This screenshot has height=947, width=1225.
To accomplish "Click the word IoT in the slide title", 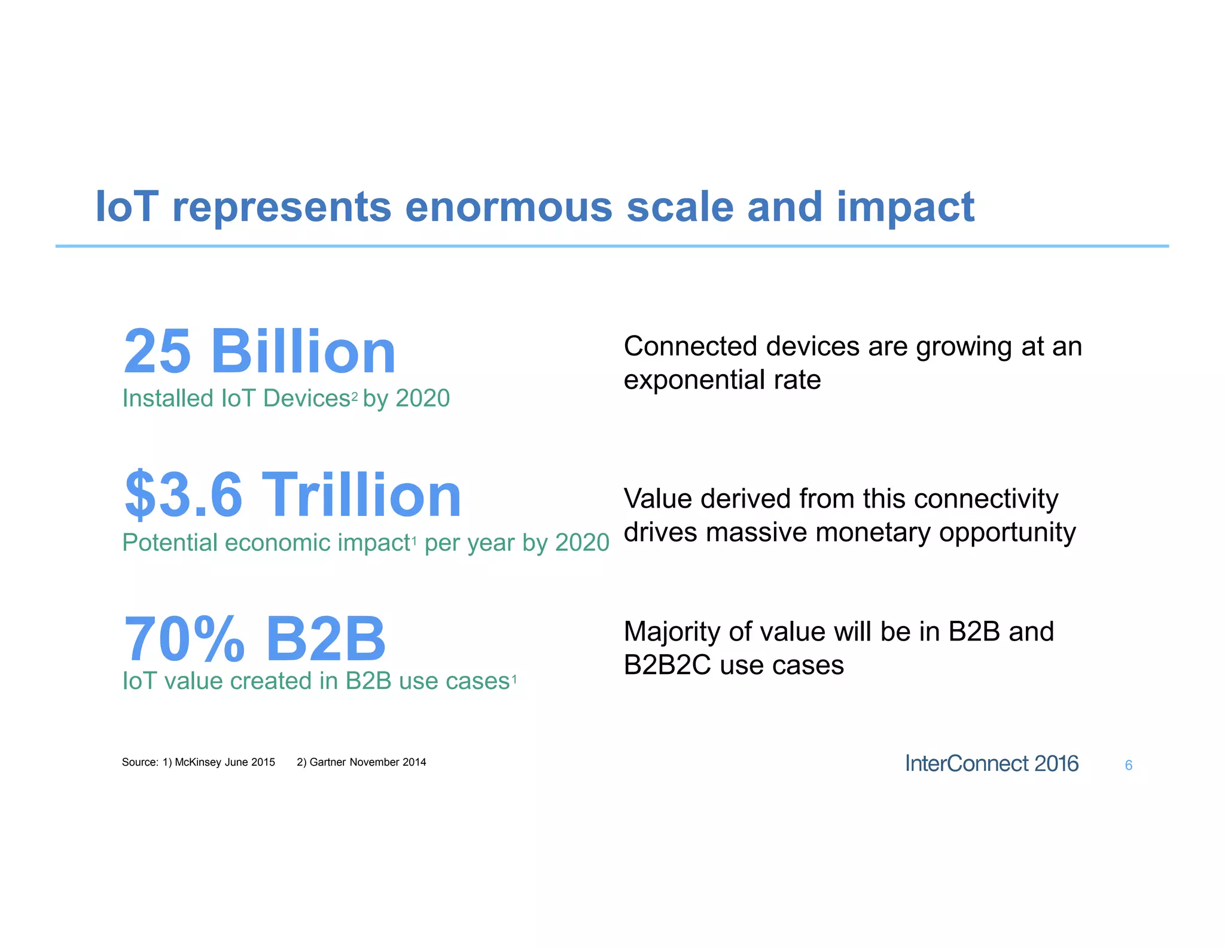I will pyautogui.click(x=127, y=207).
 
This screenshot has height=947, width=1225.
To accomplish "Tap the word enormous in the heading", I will pyautogui.click(x=508, y=207).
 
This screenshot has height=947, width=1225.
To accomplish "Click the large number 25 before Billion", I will pyautogui.click(x=157, y=352).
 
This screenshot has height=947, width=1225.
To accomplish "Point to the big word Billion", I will pyautogui.click(x=303, y=352).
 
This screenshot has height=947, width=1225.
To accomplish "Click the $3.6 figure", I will pyautogui.click(x=184, y=496).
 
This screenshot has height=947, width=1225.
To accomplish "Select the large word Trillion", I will pyautogui.click(x=361, y=496).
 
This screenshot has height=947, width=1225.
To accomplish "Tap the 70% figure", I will pyautogui.click(x=184, y=639).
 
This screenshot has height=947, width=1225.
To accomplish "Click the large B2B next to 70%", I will pyautogui.click(x=325, y=639).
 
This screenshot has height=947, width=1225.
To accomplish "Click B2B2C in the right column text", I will pyautogui.click(x=668, y=666).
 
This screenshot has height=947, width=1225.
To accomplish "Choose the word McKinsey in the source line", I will pyautogui.click(x=198, y=762).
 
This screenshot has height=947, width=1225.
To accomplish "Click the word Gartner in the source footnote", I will pyautogui.click(x=328, y=762).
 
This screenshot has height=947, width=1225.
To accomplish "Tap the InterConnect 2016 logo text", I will pyautogui.click(x=991, y=764).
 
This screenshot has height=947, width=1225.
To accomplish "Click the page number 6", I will pyautogui.click(x=1128, y=765).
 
